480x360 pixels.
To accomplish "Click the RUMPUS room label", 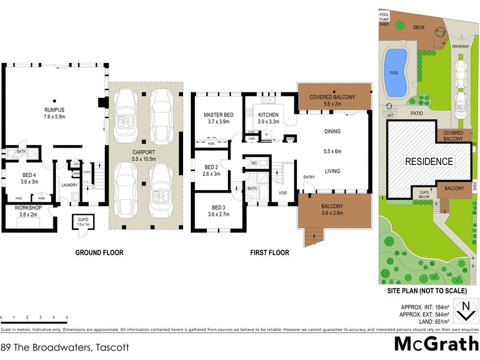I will [53, 109].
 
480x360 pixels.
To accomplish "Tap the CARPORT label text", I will [144, 152].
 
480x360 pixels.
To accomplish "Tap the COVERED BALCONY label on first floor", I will [332, 97].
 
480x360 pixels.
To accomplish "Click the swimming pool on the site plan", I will [395, 73].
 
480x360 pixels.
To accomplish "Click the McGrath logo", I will [436, 344].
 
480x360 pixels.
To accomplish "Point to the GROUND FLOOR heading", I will [99, 253].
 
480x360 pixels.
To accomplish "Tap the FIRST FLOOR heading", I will [269, 253].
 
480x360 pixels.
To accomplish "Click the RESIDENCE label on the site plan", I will [428, 161].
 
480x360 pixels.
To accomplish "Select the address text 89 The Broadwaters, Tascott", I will [64, 347].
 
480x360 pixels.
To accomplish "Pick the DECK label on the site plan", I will [419, 27].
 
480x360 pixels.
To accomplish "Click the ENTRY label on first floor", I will [309, 176].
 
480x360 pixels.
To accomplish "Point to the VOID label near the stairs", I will [283, 192].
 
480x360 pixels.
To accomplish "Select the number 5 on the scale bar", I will [67, 317].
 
